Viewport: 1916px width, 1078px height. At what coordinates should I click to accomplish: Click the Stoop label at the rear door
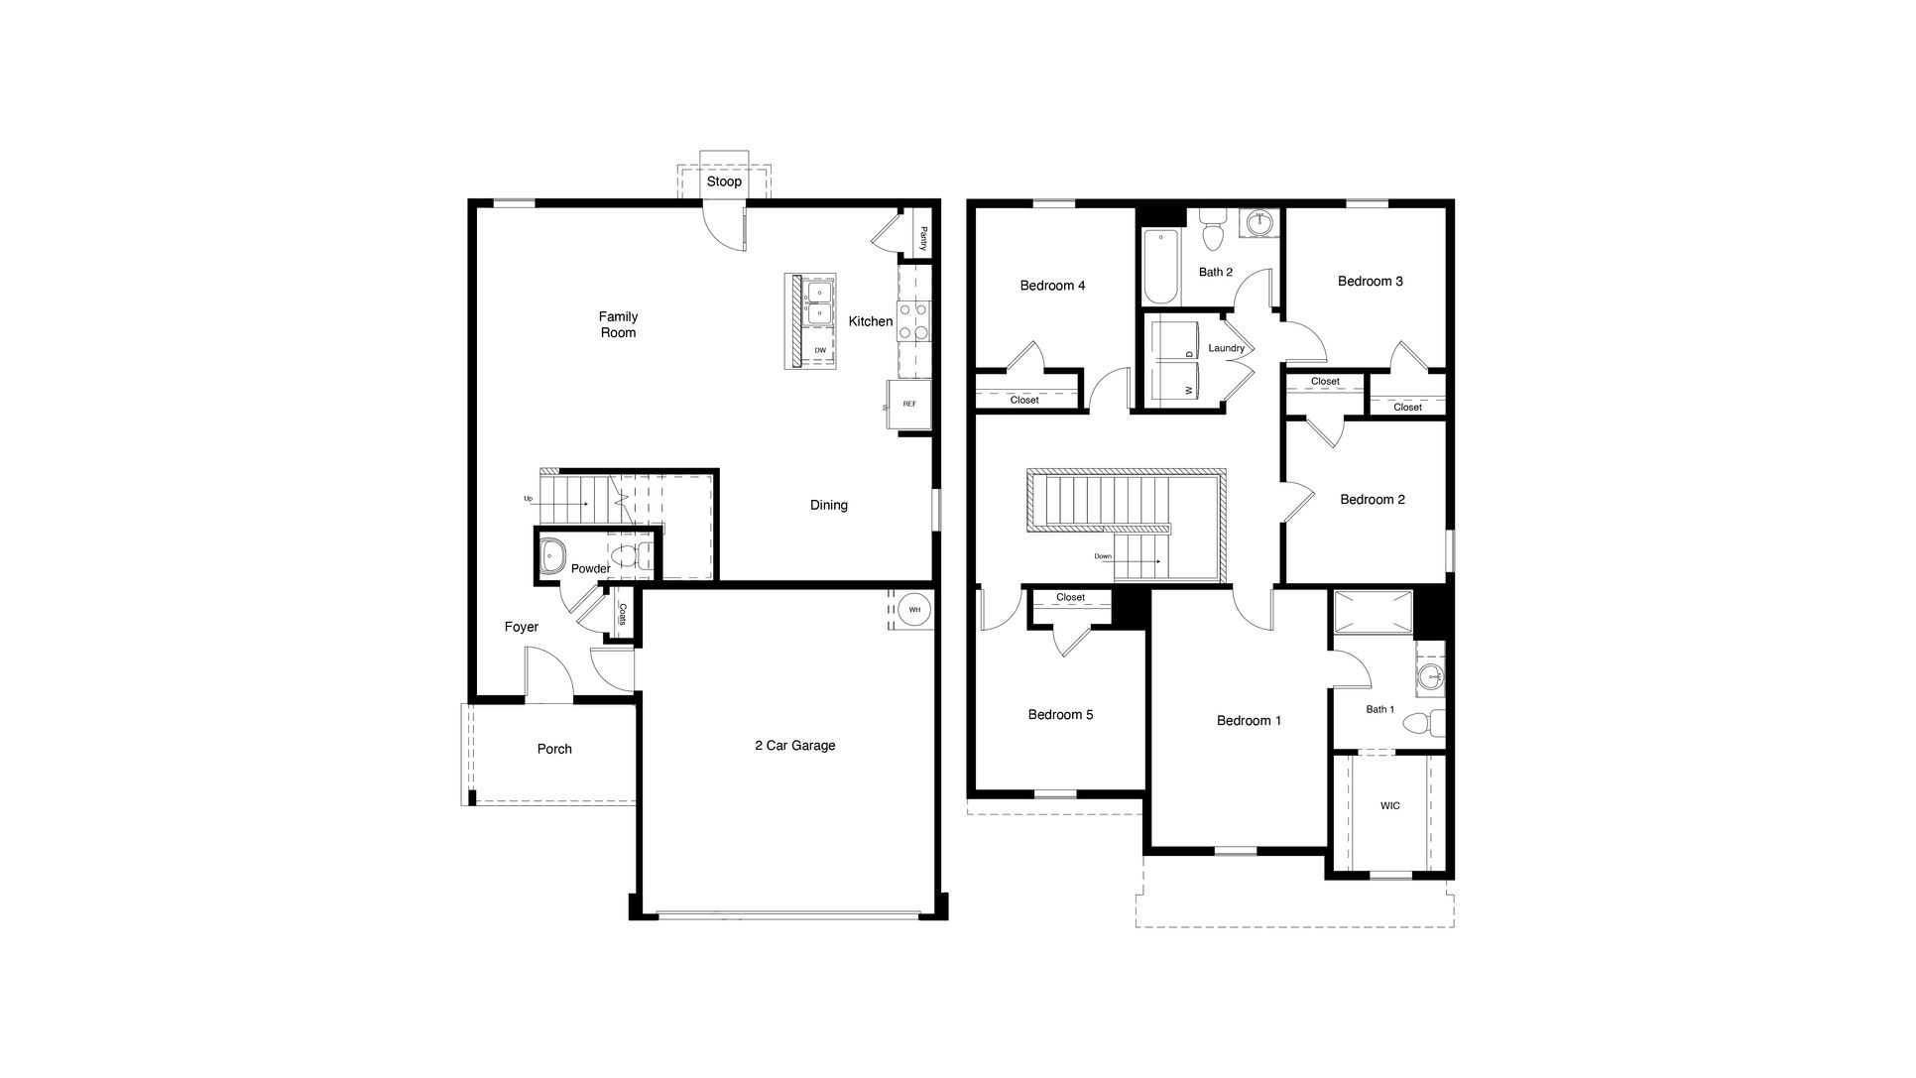point(724,182)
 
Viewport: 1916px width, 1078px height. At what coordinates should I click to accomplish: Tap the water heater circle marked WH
point(914,610)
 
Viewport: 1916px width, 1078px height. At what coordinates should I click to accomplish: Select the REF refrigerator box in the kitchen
point(909,405)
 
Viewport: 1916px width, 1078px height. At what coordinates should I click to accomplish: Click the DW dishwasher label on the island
point(820,351)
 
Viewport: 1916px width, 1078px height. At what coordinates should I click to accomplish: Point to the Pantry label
point(923,239)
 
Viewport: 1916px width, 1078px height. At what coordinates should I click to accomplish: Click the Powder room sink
point(551,557)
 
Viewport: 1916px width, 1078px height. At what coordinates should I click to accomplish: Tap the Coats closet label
point(623,614)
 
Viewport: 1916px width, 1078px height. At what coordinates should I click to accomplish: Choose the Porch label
point(554,750)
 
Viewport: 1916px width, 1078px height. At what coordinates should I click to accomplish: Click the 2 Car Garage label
point(794,746)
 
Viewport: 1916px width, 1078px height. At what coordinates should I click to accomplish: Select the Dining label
point(829,506)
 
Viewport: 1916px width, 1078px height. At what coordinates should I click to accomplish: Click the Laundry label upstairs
point(1227,349)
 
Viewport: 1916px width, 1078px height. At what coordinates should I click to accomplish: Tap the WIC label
point(1390,806)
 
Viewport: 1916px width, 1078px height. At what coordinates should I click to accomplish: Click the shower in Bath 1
point(1374,611)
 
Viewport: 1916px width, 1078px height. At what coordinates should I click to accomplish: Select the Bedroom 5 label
point(1060,715)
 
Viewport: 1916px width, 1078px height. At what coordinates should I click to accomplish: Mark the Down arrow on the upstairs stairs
point(1140,561)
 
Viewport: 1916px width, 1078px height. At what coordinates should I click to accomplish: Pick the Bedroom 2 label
point(1373,500)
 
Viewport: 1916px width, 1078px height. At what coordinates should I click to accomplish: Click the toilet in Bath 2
point(1212,235)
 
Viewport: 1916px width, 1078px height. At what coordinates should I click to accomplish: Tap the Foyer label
point(522,628)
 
